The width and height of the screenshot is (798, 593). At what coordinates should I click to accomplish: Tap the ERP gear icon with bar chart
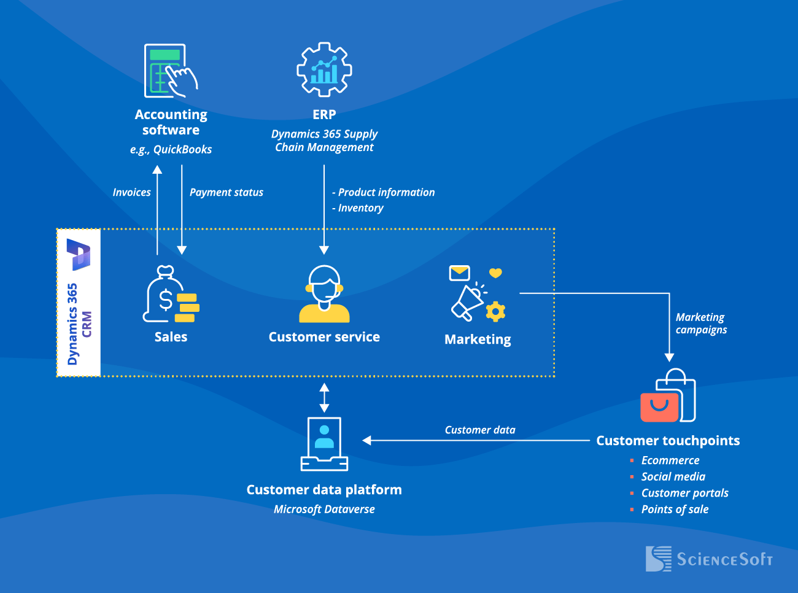coord(324,69)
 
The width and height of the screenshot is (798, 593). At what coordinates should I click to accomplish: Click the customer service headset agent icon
coord(324,294)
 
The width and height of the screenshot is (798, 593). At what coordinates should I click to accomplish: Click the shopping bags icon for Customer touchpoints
coord(668,397)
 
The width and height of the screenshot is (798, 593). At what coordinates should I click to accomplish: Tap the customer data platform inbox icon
coord(324,444)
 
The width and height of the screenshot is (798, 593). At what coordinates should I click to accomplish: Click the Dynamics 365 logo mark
coord(79,254)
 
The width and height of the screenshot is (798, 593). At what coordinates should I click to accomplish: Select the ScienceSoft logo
coord(709,559)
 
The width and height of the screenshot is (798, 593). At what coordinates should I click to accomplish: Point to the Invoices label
coord(131,192)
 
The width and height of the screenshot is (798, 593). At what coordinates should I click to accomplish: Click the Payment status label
coord(226,192)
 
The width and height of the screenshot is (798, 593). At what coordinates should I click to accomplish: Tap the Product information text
coord(385,192)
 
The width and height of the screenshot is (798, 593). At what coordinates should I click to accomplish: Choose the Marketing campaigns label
coord(700,324)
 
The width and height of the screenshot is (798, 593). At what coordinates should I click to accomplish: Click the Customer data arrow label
coord(480,430)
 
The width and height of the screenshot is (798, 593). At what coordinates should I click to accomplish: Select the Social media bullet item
coord(673,476)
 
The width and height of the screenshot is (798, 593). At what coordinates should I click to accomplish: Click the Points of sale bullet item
coord(675,509)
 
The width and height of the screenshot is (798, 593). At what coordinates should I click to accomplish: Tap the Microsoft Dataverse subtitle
coord(324,509)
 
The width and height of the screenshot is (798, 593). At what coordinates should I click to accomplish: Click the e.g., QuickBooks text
coord(171,149)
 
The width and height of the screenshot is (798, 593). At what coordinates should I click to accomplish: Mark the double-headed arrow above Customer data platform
coord(324,397)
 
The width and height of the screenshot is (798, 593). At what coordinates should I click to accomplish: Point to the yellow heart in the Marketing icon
coord(495,273)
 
